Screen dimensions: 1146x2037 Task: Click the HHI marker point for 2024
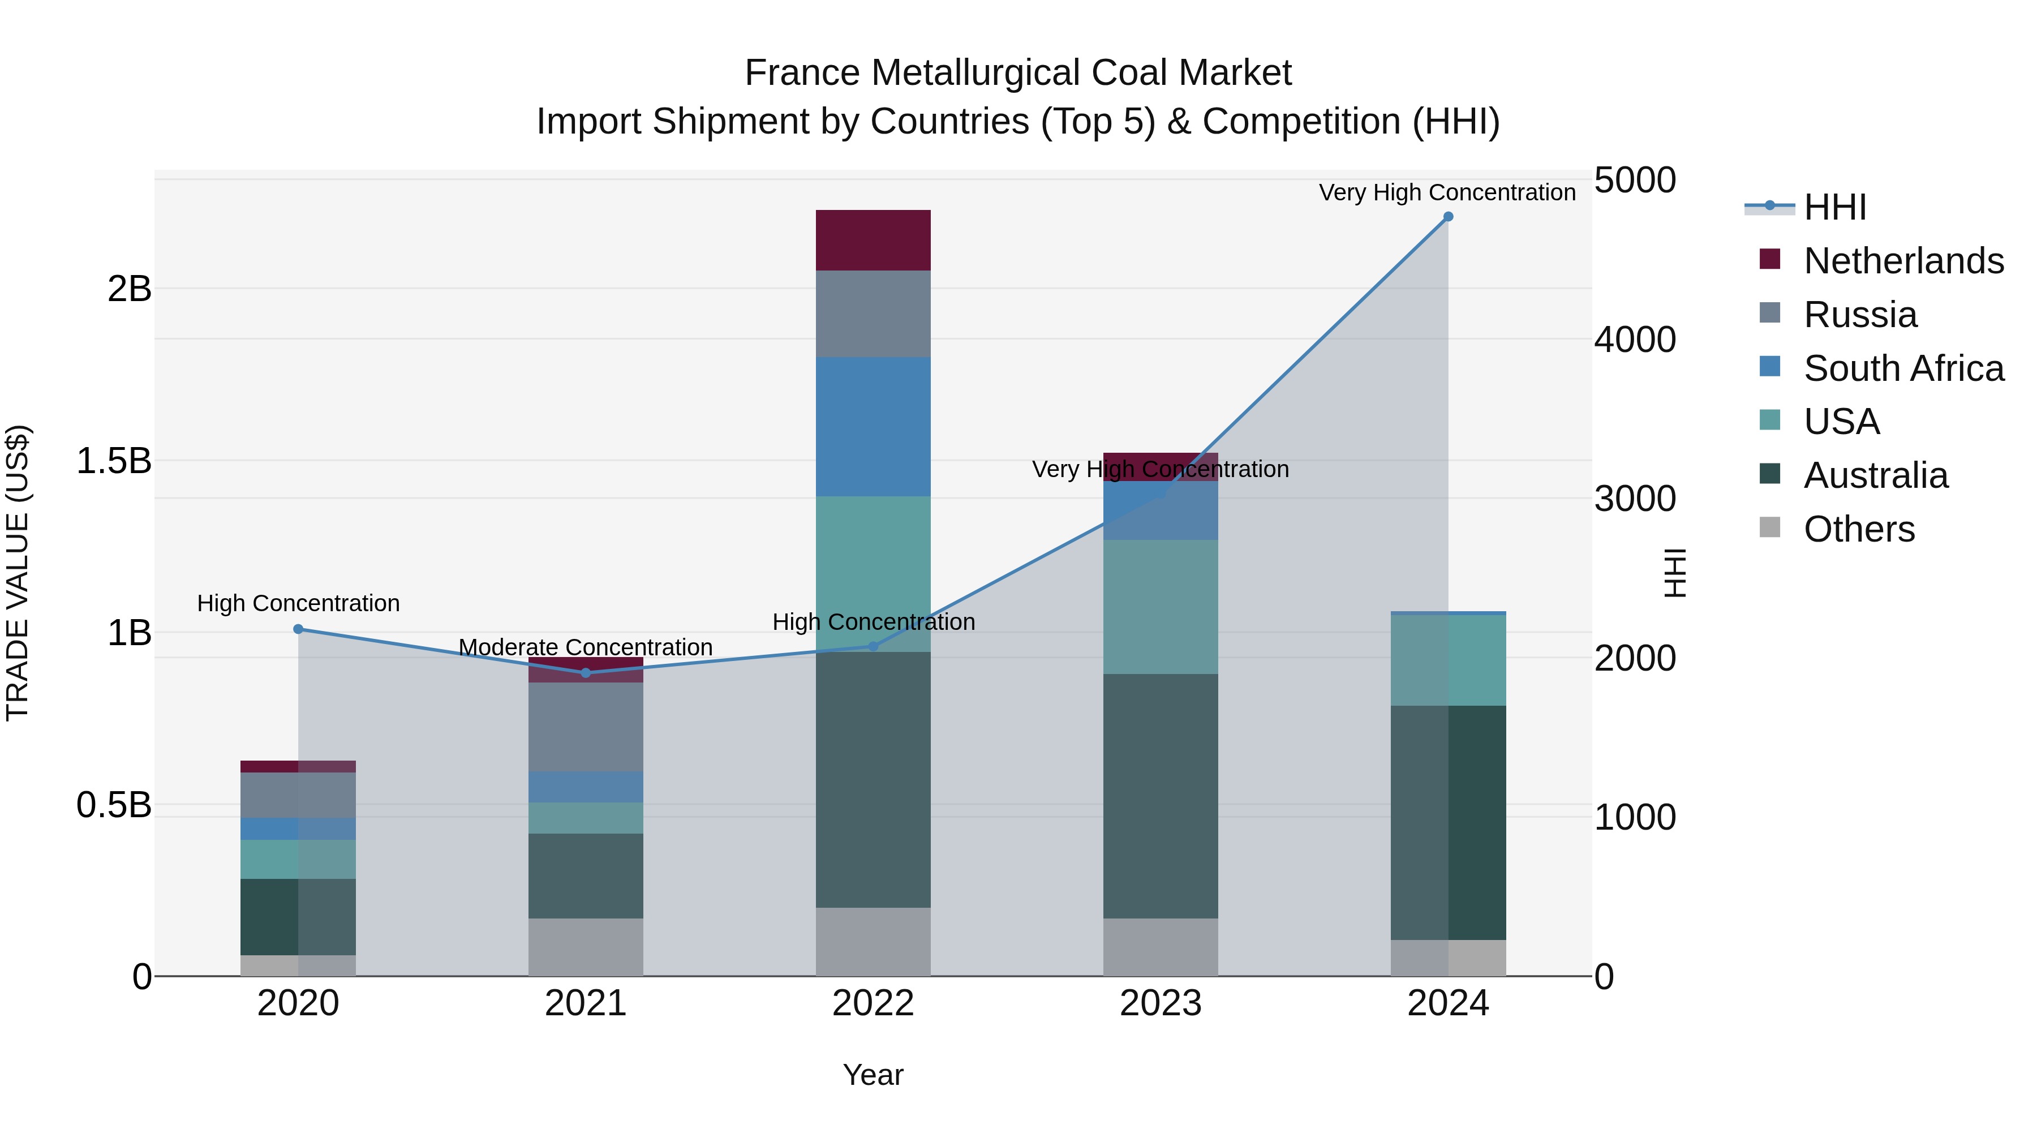pyautogui.click(x=1448, y=217)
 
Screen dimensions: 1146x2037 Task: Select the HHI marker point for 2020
pyautogui.click(x=298, y=629)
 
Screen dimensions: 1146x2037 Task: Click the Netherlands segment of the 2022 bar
pyautogui.click(x=873, y=241)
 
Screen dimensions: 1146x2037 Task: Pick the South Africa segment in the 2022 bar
pyautogui.click(x=873, y=427)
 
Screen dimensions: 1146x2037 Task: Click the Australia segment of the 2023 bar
pyautogui.click(x=1160, y=796)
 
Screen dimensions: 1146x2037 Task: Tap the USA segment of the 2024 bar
pyautogui.click(x=1448, y=660)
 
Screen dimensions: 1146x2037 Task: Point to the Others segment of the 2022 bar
pyautogui.click(x=873, y=941)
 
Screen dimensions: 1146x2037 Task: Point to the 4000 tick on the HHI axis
pyautogui.click(x=1635, y=340)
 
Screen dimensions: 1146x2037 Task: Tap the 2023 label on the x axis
pyautogui.click(x=1160, y=1003)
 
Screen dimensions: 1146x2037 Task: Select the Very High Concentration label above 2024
pyautogui.click(x=1447, y=192)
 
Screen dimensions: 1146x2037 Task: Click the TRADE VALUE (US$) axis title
pyautogui.click(x=18, y=573)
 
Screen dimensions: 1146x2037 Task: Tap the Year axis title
pyautogui.click(x=873, y=1075)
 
